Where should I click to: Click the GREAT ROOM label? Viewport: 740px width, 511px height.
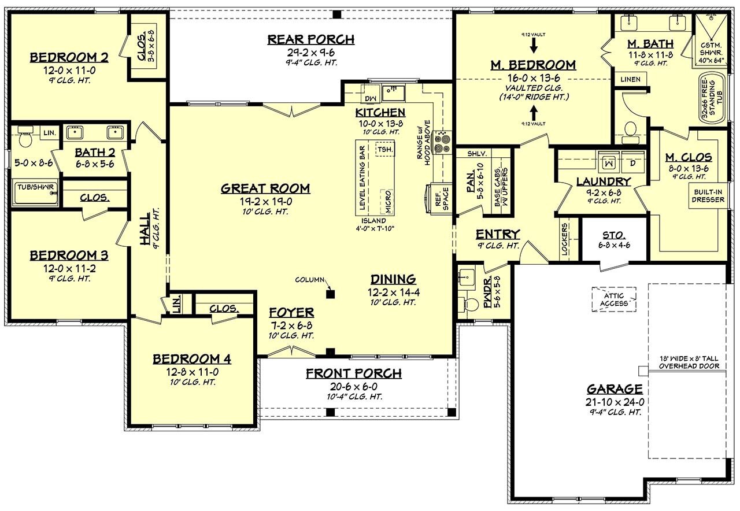[265, 188]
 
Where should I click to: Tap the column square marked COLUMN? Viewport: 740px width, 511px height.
[330, 294]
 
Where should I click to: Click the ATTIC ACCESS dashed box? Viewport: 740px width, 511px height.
[613, 299]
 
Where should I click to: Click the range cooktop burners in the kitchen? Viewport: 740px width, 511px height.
[443, 142]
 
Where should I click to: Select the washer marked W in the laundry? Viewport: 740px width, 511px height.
[608, 163]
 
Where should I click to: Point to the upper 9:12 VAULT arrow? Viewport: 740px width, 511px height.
[533, 43]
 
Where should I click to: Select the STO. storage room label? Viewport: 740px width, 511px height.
[614, 235]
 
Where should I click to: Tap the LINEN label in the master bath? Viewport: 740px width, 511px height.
[630, 79]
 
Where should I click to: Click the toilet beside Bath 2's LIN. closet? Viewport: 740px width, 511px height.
[25, 139]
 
